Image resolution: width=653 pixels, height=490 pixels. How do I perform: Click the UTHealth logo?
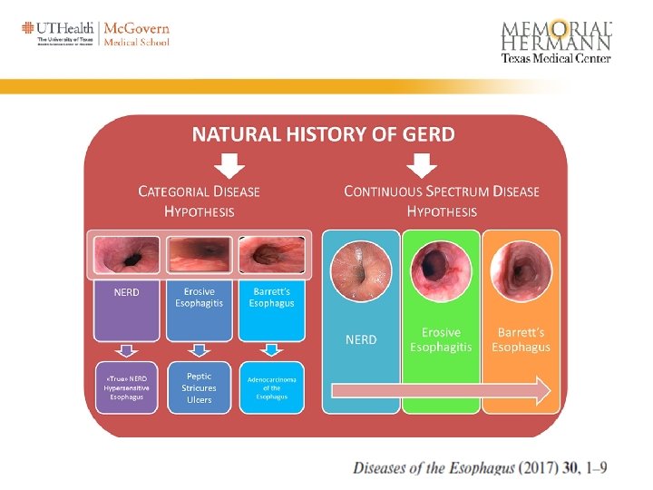tap(60, 34)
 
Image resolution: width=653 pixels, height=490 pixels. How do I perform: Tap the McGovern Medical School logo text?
tap(137, 34)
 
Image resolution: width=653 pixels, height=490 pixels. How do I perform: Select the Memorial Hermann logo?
tap(556, 41)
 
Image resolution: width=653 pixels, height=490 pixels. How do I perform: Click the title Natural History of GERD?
tap(324, 135)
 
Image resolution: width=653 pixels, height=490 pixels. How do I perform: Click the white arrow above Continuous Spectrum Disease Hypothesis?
tap(423, 165)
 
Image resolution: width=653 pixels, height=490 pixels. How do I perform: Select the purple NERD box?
tap(127, 309)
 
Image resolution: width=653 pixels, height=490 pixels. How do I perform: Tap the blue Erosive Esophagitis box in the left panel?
tap(199, 309)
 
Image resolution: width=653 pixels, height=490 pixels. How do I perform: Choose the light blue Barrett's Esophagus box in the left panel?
tap(271, 309)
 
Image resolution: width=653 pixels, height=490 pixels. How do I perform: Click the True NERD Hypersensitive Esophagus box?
tap(127, 387)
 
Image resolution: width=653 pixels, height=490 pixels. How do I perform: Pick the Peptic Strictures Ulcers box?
tap(199, 387)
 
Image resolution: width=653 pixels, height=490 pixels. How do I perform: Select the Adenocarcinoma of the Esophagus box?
tap(271, 387)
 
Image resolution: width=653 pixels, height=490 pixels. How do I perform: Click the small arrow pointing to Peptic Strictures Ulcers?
tap(199, 350)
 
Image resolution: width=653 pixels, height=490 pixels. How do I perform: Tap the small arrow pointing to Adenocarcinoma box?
tap(271, 350)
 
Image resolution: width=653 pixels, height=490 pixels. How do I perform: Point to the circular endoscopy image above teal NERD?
tap(361, 269)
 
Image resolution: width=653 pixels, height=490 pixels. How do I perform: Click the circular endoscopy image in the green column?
tap(441, 269)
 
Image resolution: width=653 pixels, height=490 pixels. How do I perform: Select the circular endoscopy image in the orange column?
tap(521, 269)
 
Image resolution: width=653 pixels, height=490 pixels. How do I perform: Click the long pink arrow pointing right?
tap(441, 391)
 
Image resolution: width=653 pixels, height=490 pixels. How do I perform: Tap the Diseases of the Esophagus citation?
tap(480, 468)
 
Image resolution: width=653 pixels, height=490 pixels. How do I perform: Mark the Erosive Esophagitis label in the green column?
tap(441, 339)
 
